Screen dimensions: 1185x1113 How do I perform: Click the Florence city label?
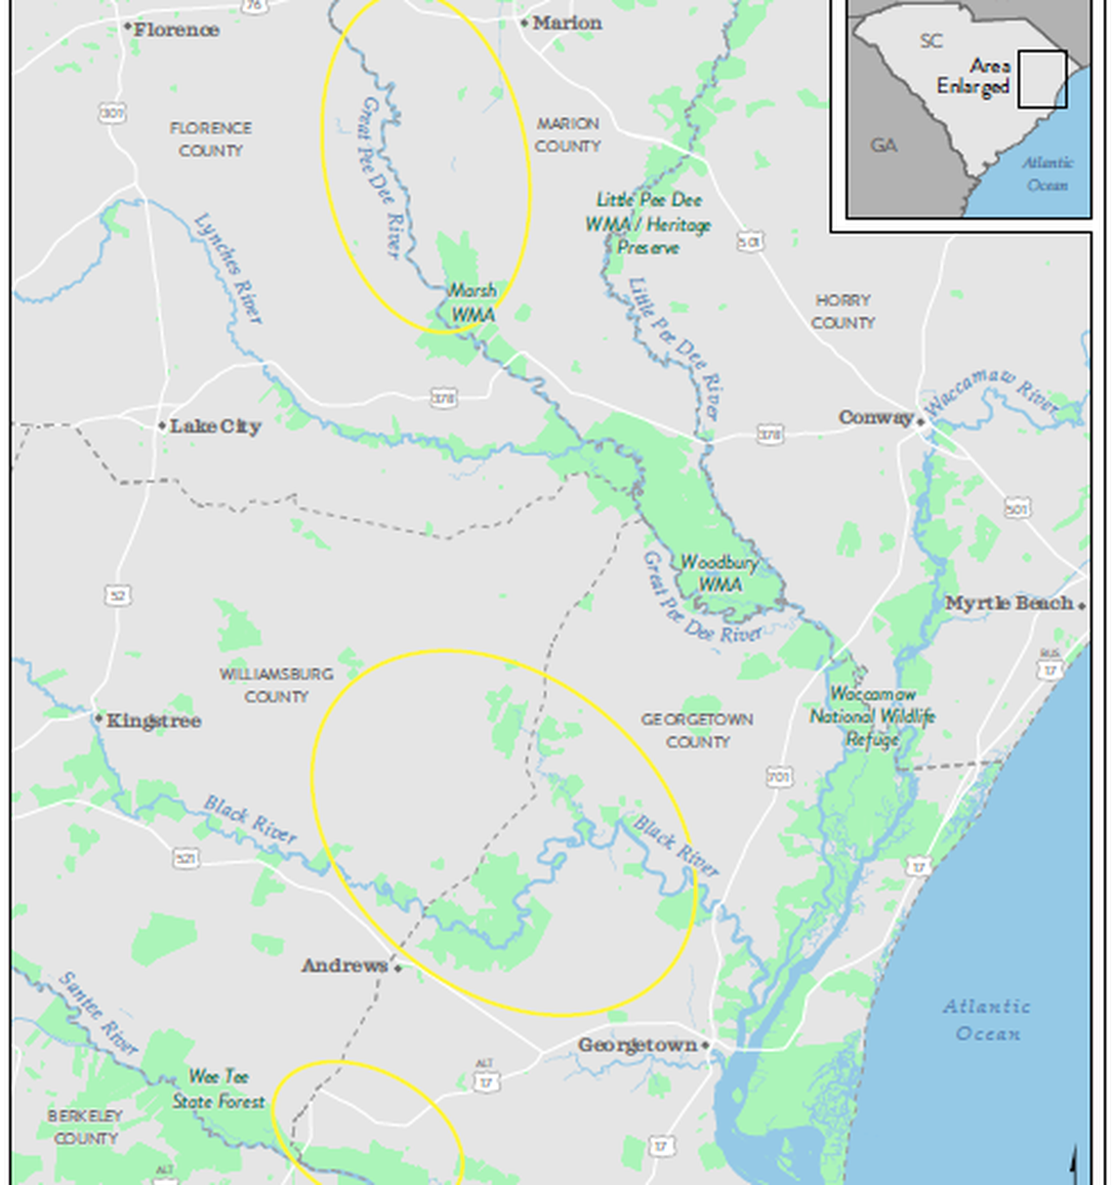[176, 29]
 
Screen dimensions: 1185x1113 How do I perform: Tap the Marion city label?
[566, 22]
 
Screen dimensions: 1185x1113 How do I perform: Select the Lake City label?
[215, 426]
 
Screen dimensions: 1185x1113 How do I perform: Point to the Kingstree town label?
[153, 720]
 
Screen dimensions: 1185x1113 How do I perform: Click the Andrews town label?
[345, 965]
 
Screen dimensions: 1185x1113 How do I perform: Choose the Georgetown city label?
[638, 1044]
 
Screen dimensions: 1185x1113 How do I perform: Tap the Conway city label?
[876, 418]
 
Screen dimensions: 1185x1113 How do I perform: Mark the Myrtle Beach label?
[1009, 603]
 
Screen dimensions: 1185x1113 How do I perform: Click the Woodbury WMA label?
[719, 573]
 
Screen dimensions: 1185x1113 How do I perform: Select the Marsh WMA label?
[473, 303]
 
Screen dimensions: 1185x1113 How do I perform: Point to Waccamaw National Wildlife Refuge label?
[872, 716]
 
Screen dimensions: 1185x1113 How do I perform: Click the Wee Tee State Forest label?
[219, 1088]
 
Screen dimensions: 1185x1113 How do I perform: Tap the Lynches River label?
[228, 267]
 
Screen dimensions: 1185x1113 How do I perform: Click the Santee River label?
[98, 1012]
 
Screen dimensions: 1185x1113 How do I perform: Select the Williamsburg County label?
[276, 685]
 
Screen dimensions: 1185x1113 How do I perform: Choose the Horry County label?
[843, 311]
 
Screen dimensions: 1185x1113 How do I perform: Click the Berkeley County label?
[86, 1126]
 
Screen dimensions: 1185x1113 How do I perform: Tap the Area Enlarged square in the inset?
[1042, 80]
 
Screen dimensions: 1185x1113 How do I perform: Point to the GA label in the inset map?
[884, 145]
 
